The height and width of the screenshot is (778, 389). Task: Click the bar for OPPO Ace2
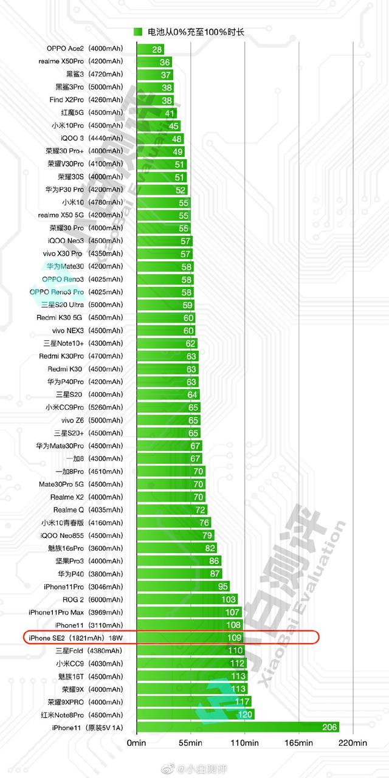point(150,49)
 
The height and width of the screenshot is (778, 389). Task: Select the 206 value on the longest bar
point(329,728)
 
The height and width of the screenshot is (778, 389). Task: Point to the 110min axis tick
point(244,743)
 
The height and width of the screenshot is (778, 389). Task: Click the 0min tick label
point(136,743)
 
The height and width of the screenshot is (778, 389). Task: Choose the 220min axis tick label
point(353,743)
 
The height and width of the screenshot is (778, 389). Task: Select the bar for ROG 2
point(186,599)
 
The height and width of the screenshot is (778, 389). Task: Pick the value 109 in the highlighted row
point(234,638)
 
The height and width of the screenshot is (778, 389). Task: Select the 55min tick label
point(190,743)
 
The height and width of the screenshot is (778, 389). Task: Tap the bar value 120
point(245,715)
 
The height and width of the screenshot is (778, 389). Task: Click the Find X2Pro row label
point(68,100)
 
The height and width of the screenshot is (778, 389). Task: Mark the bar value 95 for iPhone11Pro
point(222,587)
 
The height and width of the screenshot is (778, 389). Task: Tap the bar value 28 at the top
point(157,49)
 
